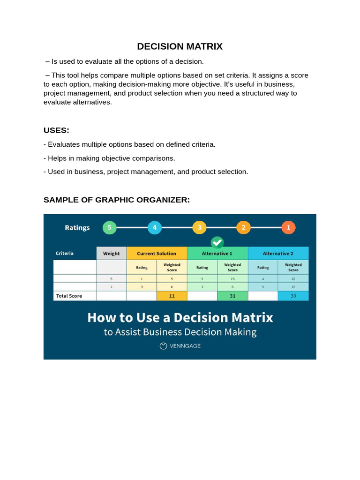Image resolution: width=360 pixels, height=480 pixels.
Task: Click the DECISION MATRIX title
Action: (x=180, y=46)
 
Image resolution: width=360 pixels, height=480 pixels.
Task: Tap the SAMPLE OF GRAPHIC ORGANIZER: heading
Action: (x=117, y=200)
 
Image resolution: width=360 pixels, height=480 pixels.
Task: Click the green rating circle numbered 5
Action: (x=109, y=228)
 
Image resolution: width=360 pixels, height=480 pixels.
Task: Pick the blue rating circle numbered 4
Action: (x=154, y=228)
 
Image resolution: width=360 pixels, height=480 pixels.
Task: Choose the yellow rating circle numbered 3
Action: (x=199, y=228)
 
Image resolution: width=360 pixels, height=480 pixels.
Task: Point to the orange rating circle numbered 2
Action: (x=243, y=228)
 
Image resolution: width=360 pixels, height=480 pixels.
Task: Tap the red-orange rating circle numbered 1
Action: (x=288, y=228)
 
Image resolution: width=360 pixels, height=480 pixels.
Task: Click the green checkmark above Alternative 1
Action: (x=217, y=242)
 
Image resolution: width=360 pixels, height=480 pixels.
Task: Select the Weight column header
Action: (x=111, y=254)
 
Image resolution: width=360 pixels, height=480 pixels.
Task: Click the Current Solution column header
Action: (x=157, y=254)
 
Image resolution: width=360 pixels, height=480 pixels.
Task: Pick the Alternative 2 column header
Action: (x=278, y=254)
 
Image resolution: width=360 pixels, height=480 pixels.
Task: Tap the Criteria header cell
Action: (x=65, y=254)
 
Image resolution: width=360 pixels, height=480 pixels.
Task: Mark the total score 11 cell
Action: (x=172, y=296)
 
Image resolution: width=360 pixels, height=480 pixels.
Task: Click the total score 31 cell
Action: (x=232, y=296)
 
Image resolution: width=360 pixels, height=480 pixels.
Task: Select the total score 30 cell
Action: (x=293, y=296)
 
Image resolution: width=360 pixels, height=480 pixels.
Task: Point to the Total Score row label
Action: (x=69, y=296)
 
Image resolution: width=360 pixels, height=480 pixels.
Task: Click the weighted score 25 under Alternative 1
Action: (x=232, y=278)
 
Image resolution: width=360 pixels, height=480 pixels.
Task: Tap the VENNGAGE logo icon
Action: (x=163, y=346)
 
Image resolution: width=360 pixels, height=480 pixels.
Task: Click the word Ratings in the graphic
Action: (x=77, y=228)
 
